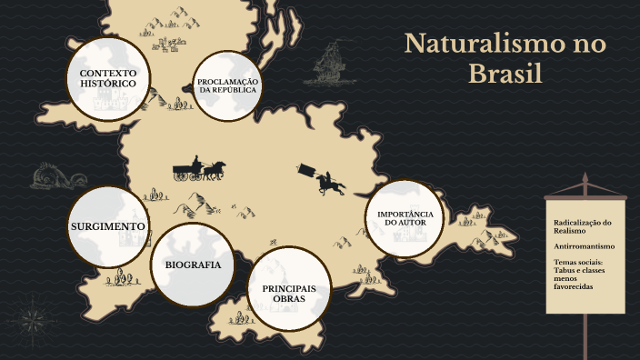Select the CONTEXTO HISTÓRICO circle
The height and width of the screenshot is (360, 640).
107,79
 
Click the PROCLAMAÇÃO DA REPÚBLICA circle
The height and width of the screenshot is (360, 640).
228,86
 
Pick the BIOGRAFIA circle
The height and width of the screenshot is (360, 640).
193,265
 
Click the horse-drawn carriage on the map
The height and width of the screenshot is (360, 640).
199,170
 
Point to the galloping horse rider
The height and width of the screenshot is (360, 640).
327,181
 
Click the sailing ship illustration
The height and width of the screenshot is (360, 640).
331,65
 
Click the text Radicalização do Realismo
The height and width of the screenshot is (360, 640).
582,226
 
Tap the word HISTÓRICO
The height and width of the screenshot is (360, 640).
107,85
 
